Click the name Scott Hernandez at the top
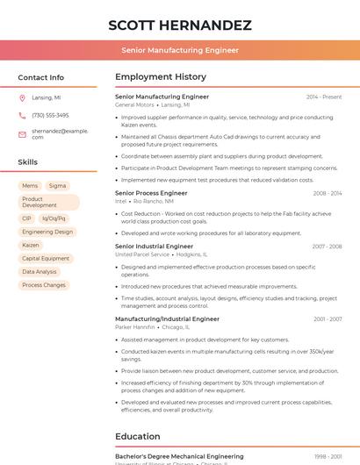click(x=180, y=25)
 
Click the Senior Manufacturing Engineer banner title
click(x=180, y=50)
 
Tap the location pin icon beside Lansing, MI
click(x=22, y=98)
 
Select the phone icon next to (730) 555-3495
click(x=22, y=115)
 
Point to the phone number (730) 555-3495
click(x=50, y=115)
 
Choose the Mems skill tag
click(x=30, y=186)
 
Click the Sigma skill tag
click(x=57, y=186)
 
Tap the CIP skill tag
click(x=27, y=218)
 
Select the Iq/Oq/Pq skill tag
click(x=54, y=218)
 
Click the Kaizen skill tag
click(x=31, y=245)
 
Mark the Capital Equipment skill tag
click(x=46, y=259)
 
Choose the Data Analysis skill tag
click(x=40, y=272)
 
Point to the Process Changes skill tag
click(x=44, y=285)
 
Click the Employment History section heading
click(x=161, y=77)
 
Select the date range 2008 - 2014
click(x=327, y=193)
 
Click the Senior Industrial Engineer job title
click(x=154, y=247)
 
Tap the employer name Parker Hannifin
click(x=134, y=326)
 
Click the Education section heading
click(x=138, y=436)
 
